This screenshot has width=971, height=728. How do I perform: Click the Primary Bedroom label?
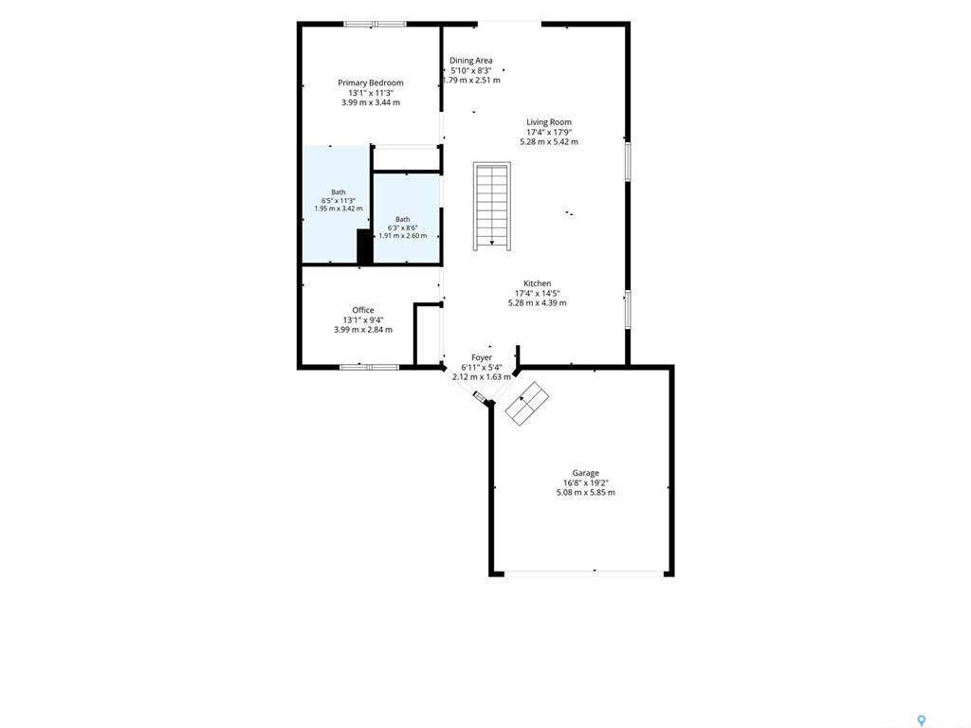click(x=371, y=82)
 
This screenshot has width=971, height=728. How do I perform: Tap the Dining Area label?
click(x=470, y=60)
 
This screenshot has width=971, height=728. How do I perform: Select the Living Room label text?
click(x=549, y=122)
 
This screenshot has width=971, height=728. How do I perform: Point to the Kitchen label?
click(x=537, y=282)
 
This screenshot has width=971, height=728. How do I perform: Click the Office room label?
click(x=363, y=310)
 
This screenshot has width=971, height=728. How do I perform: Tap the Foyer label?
click(x=481, y=357)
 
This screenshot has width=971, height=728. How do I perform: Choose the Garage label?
click(x=585, y=473)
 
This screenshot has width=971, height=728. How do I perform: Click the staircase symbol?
click(x=492, y=206)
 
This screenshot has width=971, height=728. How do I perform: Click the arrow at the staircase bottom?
click(x=492, y=242)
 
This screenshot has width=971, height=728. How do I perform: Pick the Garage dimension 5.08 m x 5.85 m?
click(x=585, y=493)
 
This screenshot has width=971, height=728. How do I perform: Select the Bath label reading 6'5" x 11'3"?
click(x=339, y=201)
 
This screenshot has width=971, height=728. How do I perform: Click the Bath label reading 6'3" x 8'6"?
click(x=402, y=227)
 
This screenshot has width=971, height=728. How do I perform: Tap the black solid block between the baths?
click(x=364, y=246)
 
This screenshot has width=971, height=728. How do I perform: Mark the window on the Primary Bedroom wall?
click(x=375, y=24)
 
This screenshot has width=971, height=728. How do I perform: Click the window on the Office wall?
click(x=369, y=367)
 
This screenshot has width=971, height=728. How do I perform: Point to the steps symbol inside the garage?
click(x=527, y=403)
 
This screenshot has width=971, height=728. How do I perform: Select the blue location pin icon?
click(x=922, y=720)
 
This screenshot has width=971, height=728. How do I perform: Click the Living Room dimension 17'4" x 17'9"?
click(x=549, y=132)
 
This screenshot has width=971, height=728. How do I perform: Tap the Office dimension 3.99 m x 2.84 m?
click(x=363, y=330)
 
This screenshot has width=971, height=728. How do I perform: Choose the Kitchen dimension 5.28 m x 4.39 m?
click(x=537, y=303)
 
